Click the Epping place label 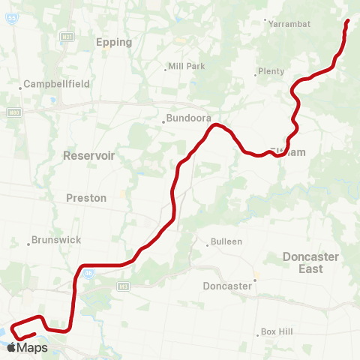(113, 42)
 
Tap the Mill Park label (187, 66)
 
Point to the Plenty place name (271, 71)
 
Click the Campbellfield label (52, 84)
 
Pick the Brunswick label (53, 241)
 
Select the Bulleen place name (226, 241)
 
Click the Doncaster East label (311, 262)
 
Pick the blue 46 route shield (88, 275)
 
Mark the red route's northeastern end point (348, 21)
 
